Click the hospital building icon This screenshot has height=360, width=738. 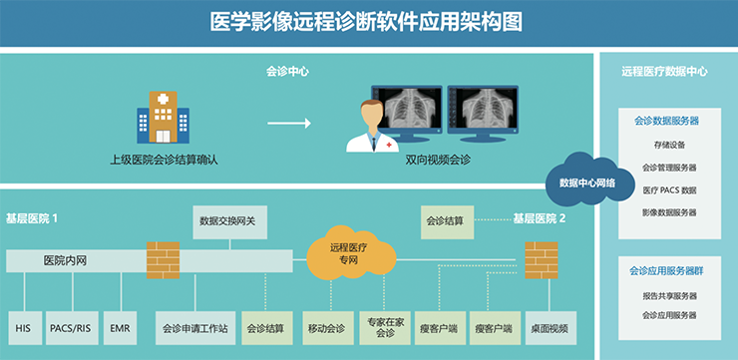[163, 119]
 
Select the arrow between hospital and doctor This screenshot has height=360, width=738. [288, 124]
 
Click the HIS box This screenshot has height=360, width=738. [23, 327]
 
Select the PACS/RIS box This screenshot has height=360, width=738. [70, 327]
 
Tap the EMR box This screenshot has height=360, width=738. [120, 327]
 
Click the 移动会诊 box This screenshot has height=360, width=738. [326, 328]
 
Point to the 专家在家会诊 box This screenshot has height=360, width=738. [385, 328]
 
